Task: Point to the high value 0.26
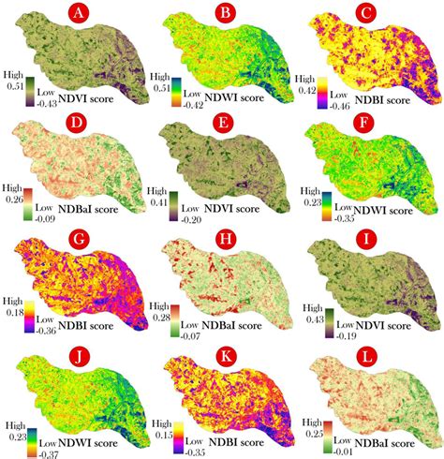coord(12,198)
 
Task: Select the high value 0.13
coord(159,427)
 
